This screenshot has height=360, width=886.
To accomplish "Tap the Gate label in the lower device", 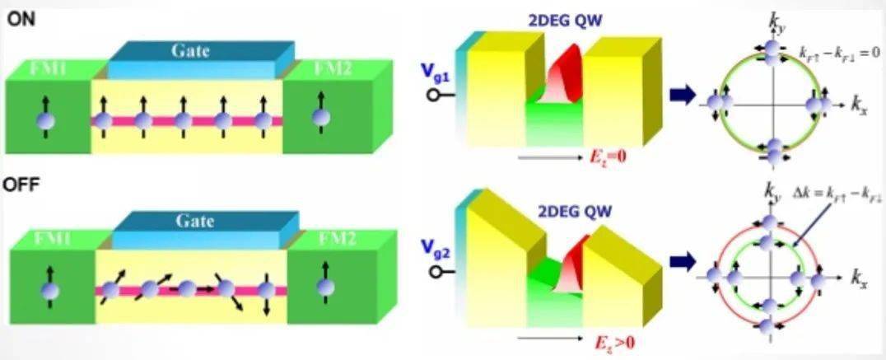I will pos(194,222).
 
